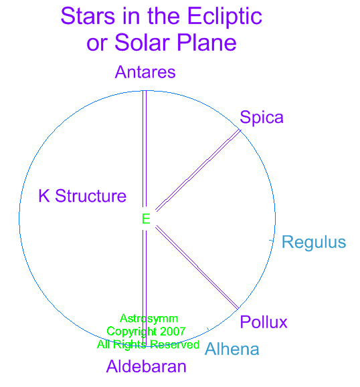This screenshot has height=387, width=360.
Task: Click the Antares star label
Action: pyautogui.click(x=145, y=72)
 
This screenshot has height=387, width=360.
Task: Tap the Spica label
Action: pyautogui.click(x=262, y=117)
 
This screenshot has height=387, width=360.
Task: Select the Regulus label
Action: pyautogui.click(x=314, y=242)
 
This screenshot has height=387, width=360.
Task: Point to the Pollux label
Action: pyautogui.click(x=264, y=322)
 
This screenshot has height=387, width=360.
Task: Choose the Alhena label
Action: pyautogui.click(x=232, y=349)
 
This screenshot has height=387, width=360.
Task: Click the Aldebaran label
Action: pyautogui.click(x=147, y=366)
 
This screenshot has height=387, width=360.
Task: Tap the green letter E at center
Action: pyautogui.click(x=146, y=219)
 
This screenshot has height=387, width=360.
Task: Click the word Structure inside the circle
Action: pyautogui.click(x=91, y=196)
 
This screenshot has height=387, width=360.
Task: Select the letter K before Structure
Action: pyautogui.click(x=44, y=196)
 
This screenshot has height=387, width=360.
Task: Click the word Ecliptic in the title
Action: pyautogui.click(x=225, y=16)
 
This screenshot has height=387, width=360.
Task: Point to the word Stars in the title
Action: pyautogui.click(x=88, y=16)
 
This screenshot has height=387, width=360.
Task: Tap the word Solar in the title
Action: pyautogui.click(x=143, y=43)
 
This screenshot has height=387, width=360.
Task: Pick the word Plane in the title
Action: pyautogui.click(x=207, y=43)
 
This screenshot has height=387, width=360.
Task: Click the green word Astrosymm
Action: pyautogui.click(x=149, y=318)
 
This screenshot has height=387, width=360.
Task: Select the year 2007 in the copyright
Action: pyautogui.click(x=173, y=332)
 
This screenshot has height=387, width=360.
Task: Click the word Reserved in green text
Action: pyautogui.click(x=175, y=344)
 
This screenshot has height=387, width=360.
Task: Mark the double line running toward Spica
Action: pyautogui.click(x=198, y=170)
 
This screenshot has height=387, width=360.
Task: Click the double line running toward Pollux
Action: pyautogui.click(x=197, y=267)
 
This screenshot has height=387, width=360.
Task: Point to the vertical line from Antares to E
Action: pyautogui.click(x=145, y=148)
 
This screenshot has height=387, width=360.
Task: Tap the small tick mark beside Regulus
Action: pyautogui.click(x=271, y=241)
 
